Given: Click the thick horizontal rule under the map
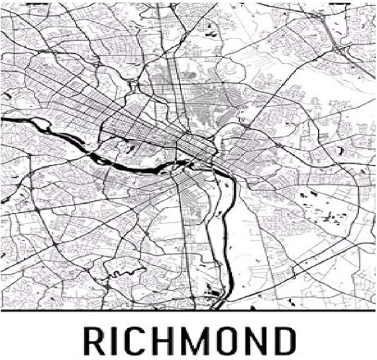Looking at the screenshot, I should click(188, 310).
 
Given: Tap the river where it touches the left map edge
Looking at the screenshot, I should click(3, 119).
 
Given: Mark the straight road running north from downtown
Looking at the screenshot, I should click(174, 80).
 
